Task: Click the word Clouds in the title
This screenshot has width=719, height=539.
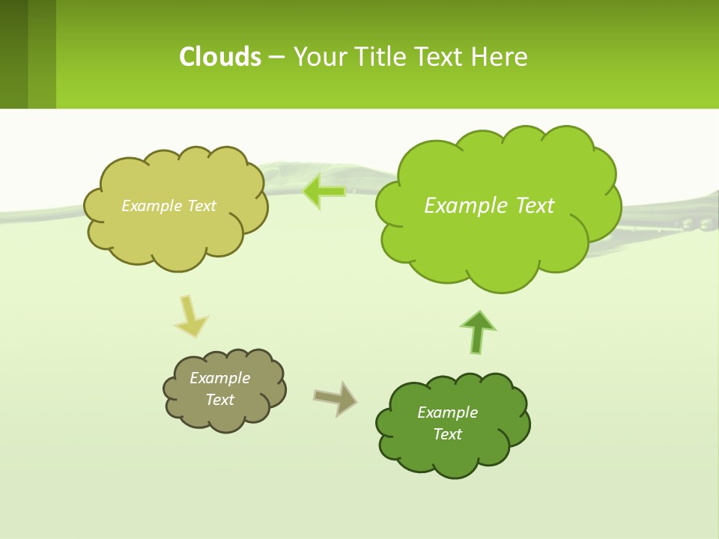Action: [220, 57]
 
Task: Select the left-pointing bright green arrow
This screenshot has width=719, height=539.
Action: [324, 192]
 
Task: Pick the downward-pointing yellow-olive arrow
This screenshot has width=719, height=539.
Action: [190, 316]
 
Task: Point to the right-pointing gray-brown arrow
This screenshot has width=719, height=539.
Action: [335, 398]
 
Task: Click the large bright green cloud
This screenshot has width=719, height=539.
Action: [498, 225]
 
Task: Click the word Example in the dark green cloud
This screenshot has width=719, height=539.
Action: [447, 412]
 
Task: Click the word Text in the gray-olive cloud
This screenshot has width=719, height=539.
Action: [220, 400]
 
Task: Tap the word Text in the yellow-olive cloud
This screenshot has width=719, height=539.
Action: [201, 206]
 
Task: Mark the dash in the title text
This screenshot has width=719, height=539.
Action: [276, 57]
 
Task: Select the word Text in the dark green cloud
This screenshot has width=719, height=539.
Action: [447, 434]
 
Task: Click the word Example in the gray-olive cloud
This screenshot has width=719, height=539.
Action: [220, 378]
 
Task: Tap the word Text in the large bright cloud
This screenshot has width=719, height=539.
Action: [532, 206]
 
